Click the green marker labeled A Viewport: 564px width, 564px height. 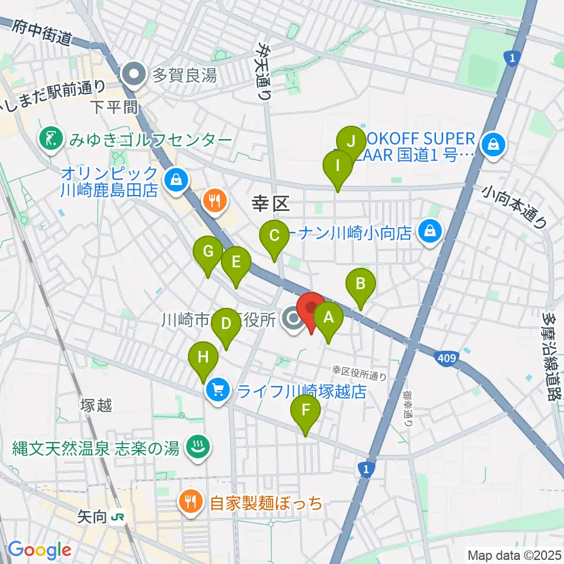[x=328, y=318]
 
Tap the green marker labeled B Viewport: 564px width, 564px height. [x=361, y=284]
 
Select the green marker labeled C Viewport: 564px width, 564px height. [x=274, y=236]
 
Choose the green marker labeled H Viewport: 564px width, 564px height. [x=203, y=357]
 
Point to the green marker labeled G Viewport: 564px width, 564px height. [x=208, y=252]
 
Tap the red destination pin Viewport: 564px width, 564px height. [x=310, y=308]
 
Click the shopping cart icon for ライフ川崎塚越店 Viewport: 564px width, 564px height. [x=217, y=390]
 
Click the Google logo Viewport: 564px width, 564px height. [x=39, y=550]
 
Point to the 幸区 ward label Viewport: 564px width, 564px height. [x=272, y=204]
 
